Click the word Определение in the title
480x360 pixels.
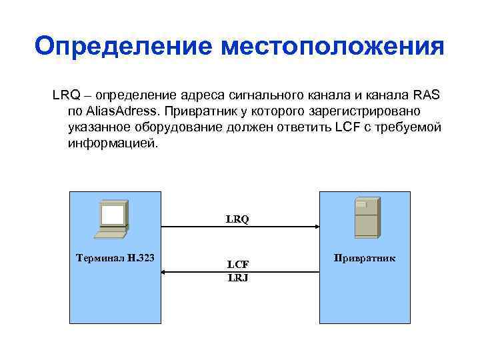coord(123,47)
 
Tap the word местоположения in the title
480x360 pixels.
coord(331,47)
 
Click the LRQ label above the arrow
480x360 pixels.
coord(237,218)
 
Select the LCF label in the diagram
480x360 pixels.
coord(237,264)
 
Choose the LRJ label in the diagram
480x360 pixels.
coord(237,277)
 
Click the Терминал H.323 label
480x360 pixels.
coord(115,257)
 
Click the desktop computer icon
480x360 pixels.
coord(111,219)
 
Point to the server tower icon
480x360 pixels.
coord(366,217)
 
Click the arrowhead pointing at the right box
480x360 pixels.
coord(315,227)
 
